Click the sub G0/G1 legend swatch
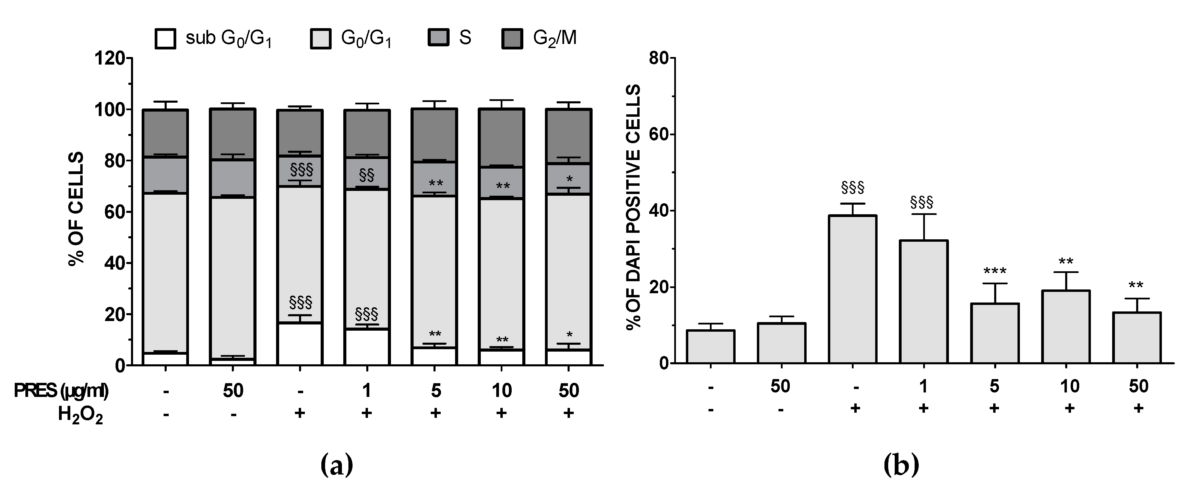(165, 39)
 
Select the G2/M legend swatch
(512, 39)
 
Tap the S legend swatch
(438, 37)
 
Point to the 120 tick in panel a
(109, 59)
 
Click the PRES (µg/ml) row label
(61, 391)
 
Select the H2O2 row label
(80, 415)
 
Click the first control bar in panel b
(711, 347)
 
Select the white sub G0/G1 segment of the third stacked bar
(299, 344)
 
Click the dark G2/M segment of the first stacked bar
(165, 133)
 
